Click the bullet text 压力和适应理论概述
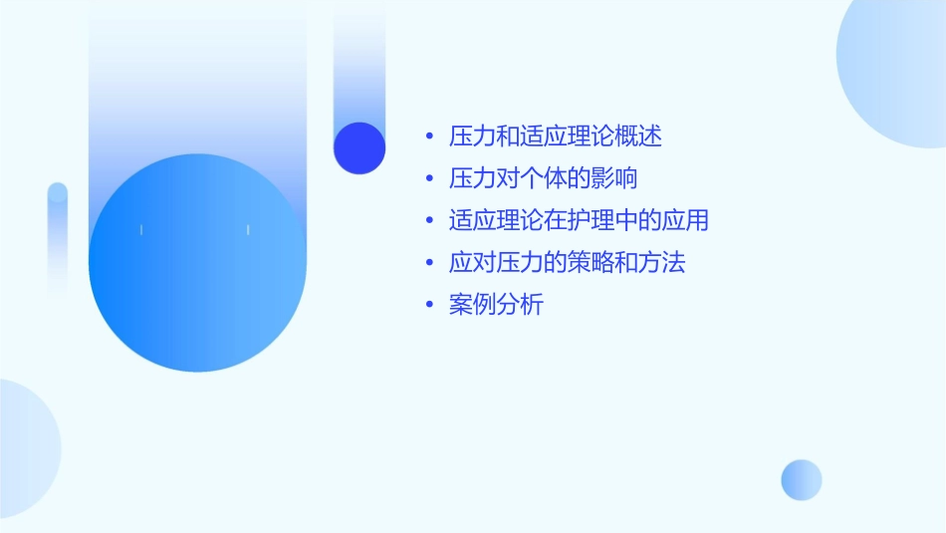pos(556,136)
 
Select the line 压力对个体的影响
pos(544,179)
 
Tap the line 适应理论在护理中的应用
pos(579,221)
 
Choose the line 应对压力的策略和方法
pos(568,264)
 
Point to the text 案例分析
pos(496,306)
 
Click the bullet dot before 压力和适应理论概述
pos(429,137)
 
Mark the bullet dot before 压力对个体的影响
pos(429,180)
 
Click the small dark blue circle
pos(359,147)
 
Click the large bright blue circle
pos(197,263)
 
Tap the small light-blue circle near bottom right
pos(802,479)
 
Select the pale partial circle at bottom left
pos(25,448)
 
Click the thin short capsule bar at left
pos(58,239)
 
